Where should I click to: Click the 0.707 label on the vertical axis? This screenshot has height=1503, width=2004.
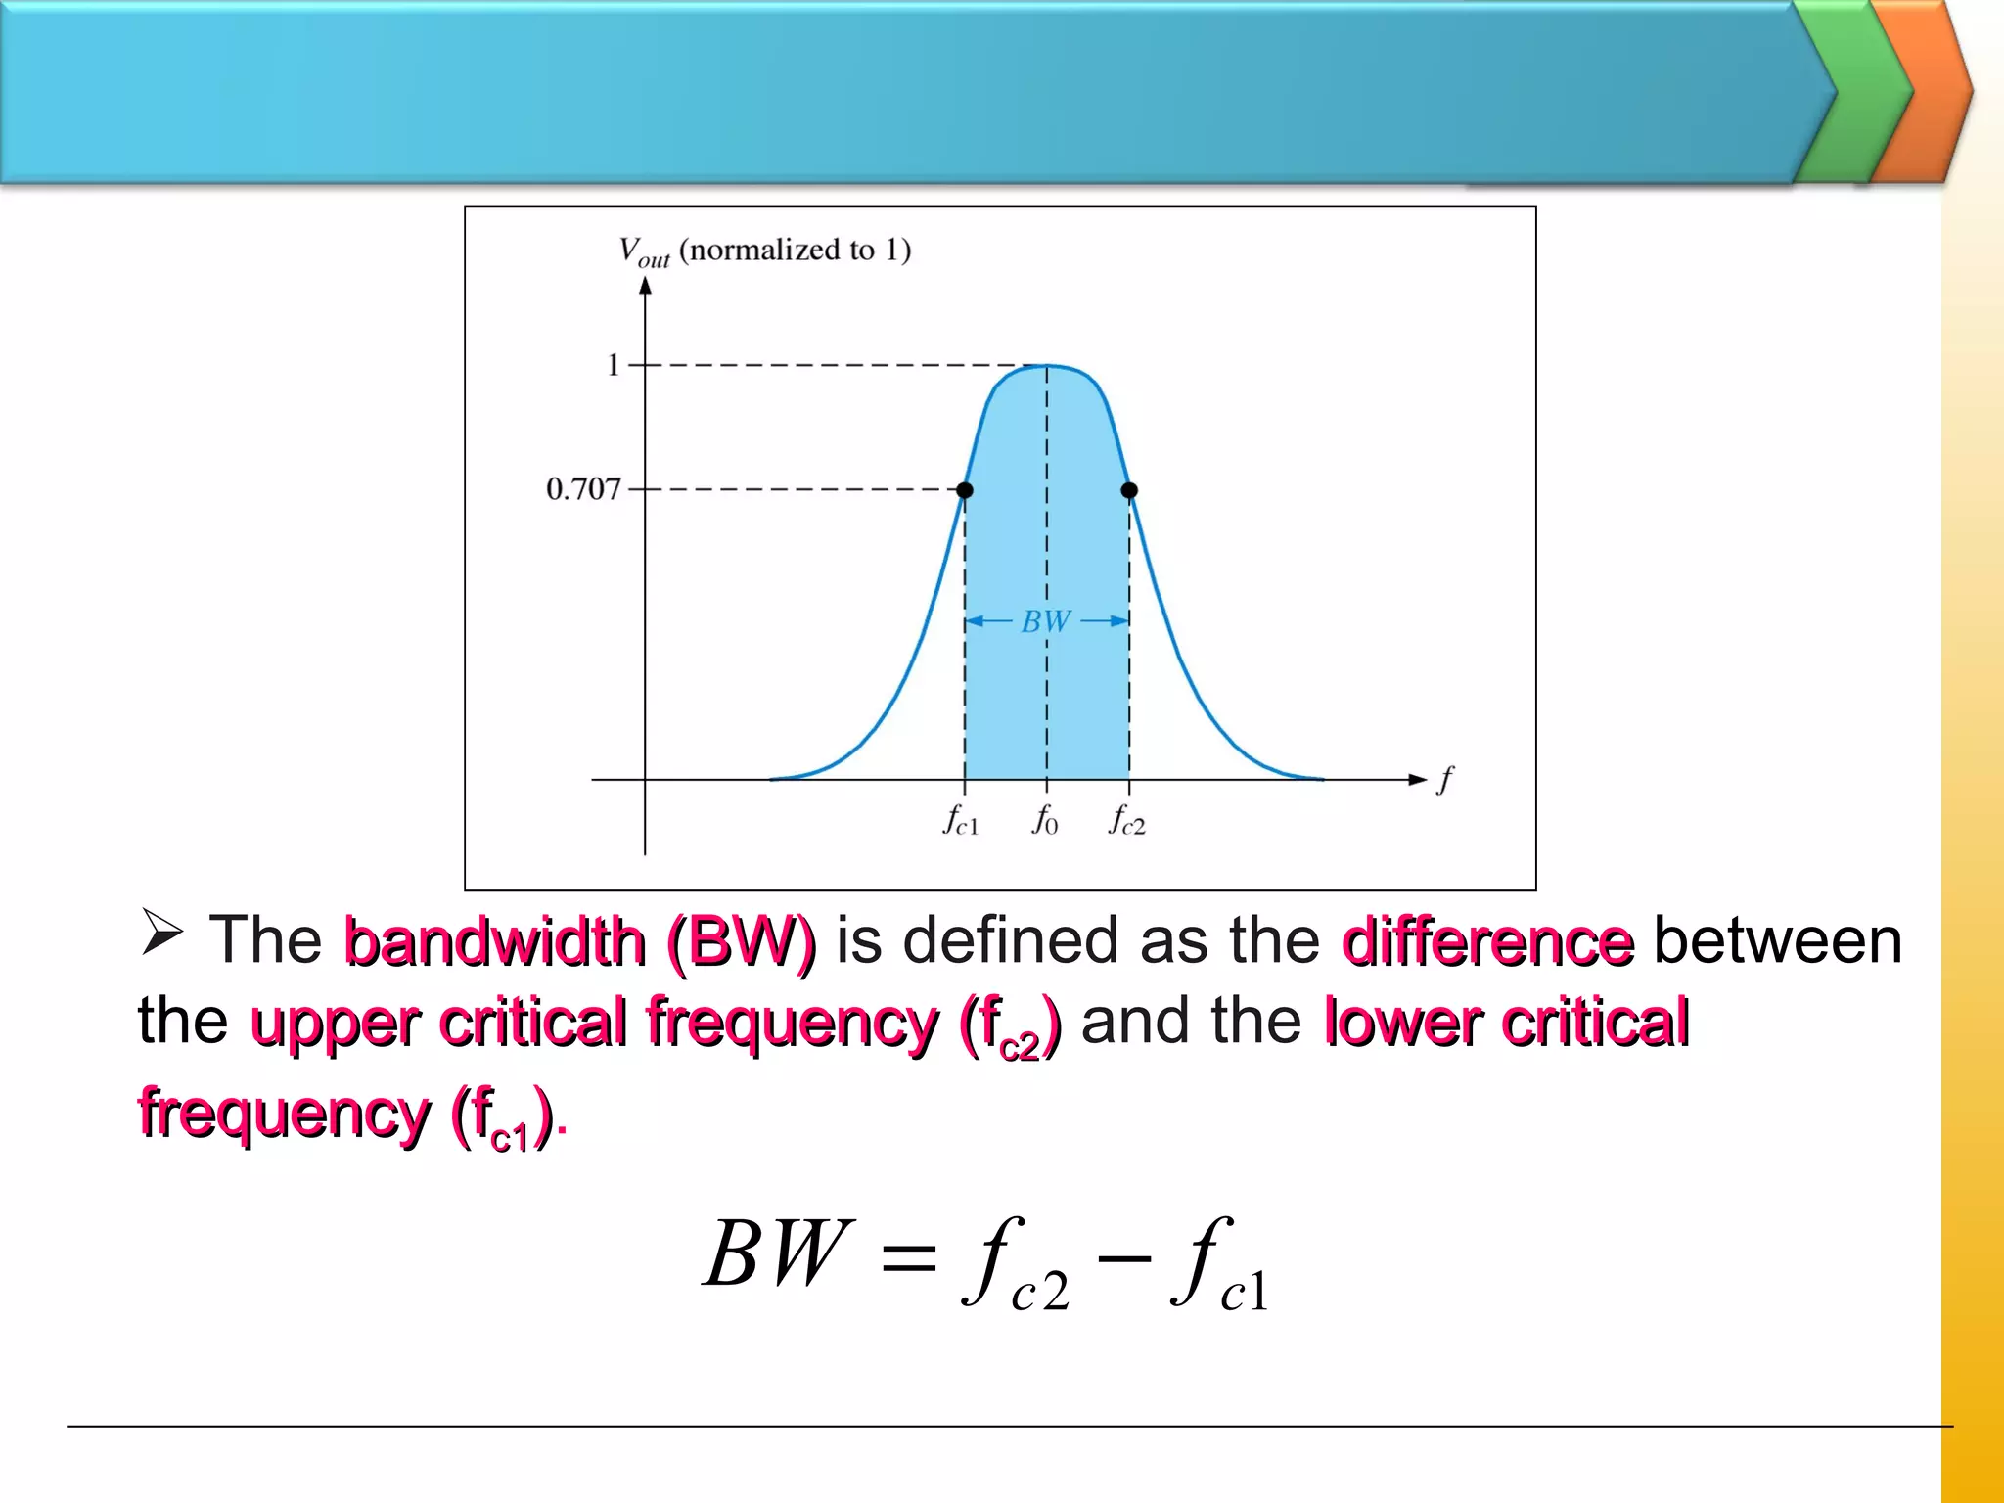tap(583, 488)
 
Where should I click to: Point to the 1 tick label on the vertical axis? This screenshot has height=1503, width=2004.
tap(614, 365)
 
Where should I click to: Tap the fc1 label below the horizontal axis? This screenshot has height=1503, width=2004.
tap(960, 820)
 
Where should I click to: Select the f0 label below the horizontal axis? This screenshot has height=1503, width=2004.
tap(1045, 820)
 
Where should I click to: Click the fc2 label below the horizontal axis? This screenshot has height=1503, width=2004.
tap(1126, 820)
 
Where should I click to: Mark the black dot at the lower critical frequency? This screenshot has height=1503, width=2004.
tap(965, 490)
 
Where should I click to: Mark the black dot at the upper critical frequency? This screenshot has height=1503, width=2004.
tap(1129, 490)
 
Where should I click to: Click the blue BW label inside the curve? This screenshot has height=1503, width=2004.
tap(1046, 621)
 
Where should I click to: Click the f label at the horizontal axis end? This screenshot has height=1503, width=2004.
tap(1445, 780)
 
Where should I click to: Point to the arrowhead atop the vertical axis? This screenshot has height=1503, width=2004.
tap(645, 286)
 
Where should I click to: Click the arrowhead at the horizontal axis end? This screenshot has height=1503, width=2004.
tap(1418, 780)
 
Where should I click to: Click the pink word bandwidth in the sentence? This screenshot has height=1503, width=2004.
tap(495, 941)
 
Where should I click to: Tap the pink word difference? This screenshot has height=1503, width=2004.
tap(1487, 941)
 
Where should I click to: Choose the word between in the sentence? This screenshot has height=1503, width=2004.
tap(1777, 941)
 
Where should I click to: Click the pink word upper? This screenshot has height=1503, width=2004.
tap(336, 1025)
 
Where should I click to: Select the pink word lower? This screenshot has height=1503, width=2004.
tap(1402, 1023)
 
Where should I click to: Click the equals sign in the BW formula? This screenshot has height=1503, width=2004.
tap(908, 1258)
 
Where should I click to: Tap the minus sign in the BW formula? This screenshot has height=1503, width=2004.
tap(1124, 1256)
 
